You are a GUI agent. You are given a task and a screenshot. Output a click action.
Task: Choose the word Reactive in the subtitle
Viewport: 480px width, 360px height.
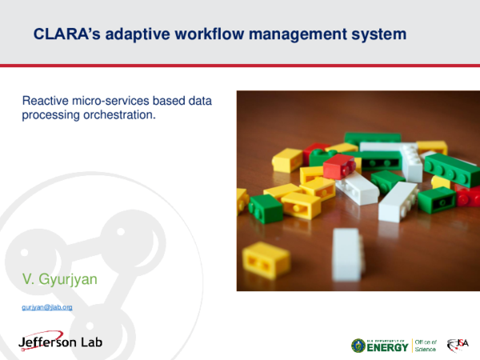click(48, 102)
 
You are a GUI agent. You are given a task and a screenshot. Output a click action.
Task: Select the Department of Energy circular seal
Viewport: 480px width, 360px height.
click(358, 345)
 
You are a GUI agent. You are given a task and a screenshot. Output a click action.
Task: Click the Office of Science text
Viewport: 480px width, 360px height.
click(425, 345)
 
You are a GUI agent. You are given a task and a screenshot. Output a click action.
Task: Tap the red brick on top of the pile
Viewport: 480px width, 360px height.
click(338, 166)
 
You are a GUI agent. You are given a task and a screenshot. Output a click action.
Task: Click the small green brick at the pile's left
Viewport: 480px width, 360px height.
click(266, 206)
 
